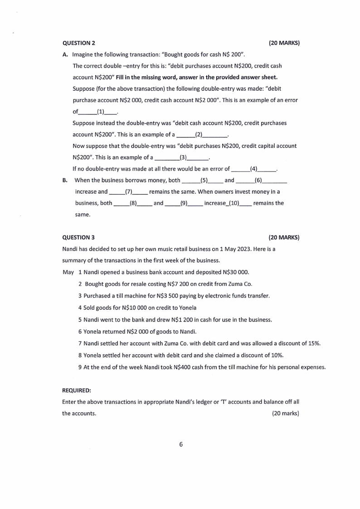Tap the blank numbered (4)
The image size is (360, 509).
coord(254,169)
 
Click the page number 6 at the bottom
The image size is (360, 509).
coord(180,444)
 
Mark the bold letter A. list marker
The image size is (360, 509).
coord(65,54)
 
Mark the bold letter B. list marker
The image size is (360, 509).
coord(65,180)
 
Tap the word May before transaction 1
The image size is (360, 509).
coord(68,273)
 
